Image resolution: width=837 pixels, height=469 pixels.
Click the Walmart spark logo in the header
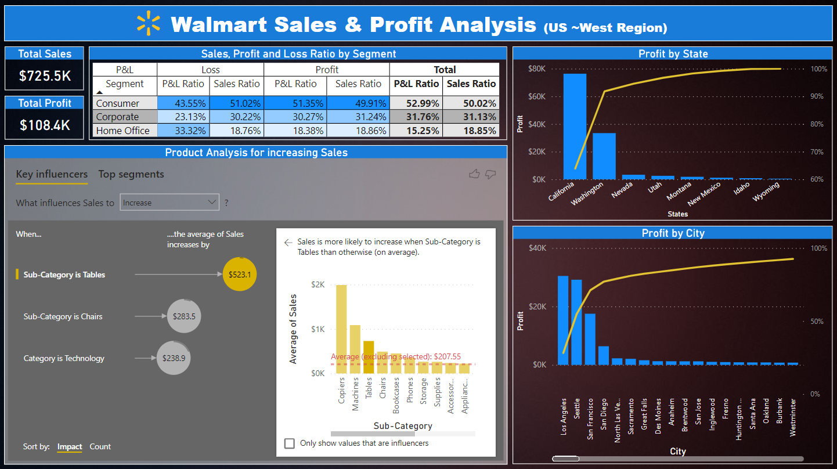tap(148, 23)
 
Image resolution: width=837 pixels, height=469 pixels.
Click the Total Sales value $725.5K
tap(45, 75)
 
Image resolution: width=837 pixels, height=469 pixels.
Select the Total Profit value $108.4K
tap(45, 125)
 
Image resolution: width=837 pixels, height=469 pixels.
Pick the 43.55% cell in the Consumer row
tap(183, 103)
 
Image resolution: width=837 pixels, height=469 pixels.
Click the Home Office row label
tap(123, 131)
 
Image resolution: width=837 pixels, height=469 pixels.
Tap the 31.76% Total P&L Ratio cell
tap(416, 117)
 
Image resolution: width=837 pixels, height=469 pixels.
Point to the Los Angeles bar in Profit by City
tap(563, 320)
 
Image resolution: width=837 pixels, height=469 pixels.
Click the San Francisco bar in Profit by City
tap(590, 339)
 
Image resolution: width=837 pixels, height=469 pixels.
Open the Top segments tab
tap(131, 174)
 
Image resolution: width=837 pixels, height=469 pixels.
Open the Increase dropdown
tap(169, 203)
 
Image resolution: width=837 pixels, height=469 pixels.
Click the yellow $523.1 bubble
tap(239, 275)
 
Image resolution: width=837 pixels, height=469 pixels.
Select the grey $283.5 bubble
tap(184, 317)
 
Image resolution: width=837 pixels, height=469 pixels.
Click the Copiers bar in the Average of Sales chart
tap(341, 329)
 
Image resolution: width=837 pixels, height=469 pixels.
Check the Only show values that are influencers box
tap(290, 443)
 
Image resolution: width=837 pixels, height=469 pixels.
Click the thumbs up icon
tap(474, 174)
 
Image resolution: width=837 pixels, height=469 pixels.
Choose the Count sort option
tap(100, 446)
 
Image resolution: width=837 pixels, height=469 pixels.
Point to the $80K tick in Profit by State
tap(536, 68)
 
